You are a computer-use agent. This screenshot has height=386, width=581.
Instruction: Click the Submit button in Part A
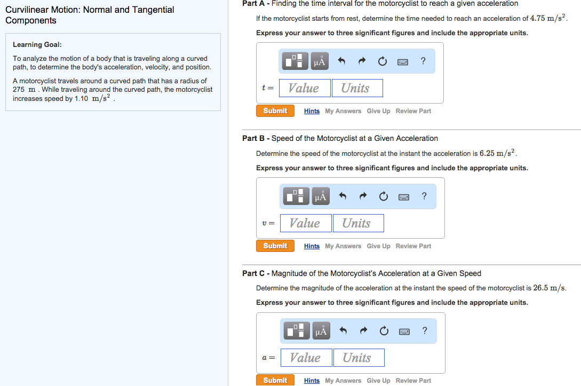coord(275,111)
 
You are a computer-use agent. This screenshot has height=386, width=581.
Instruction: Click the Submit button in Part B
coord(275,246)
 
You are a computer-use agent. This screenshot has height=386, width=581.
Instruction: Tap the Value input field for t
coord(304,88)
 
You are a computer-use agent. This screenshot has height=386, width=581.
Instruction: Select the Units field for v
coord(357,223)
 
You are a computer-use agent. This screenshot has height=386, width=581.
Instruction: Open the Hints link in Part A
coord(312,111)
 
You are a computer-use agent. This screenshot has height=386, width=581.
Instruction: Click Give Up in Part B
coord(378,246)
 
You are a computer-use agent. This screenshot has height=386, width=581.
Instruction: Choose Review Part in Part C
coord(413,381)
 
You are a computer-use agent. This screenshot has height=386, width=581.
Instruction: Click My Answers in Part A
coord(343,111)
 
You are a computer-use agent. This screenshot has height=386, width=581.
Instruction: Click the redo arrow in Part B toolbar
coord(363,196)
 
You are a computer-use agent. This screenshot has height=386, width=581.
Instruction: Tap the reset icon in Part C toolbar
coord(383,331)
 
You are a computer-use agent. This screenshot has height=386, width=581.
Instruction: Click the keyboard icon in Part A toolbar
coord(403,61)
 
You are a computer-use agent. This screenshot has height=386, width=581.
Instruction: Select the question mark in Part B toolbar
coord(424,196)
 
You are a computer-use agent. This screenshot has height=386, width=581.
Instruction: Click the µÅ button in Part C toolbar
coord(321,331)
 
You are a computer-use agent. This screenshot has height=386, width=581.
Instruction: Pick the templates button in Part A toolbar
coord(295,61)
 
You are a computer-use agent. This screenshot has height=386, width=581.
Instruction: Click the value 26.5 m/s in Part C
coord(550,288)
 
